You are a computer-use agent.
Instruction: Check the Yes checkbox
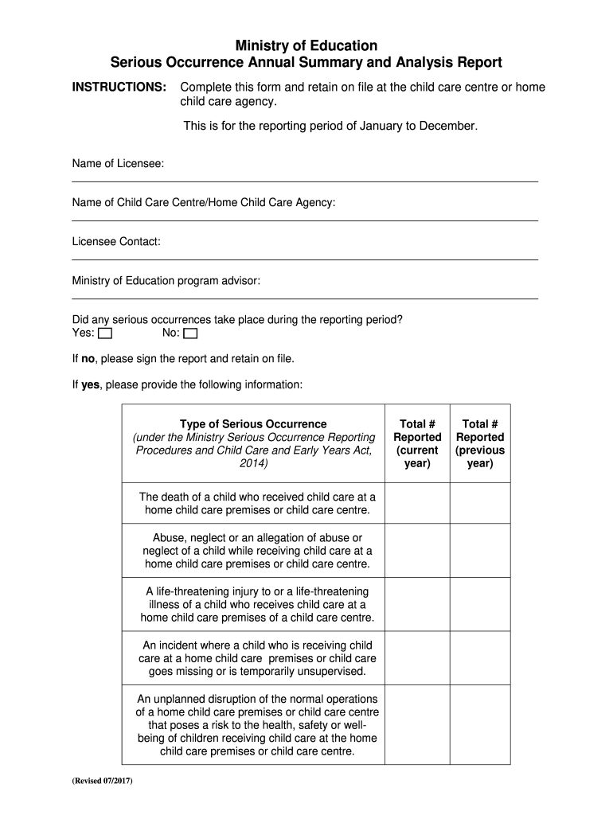coord(105,333)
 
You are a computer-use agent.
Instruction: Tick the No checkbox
coord(189,333)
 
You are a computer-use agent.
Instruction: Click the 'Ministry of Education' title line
coord(306,45)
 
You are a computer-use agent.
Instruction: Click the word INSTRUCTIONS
coord(119,87)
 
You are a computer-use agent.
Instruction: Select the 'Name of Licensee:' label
coord(119,164)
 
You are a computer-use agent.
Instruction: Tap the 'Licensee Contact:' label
coord(116,242)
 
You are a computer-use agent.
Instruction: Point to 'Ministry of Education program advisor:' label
coord(166,281)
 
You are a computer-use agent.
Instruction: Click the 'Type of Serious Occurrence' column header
coord(253,423)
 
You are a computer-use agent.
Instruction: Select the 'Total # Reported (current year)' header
coord(417,443)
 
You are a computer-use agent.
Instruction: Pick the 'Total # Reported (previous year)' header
coord(480,443)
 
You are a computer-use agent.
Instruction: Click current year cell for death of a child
coord(417,503)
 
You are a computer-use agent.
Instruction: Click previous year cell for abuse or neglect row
coord(480,551)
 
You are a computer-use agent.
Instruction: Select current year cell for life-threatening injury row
coord(417,605)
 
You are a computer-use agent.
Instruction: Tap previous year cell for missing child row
coord(480,658)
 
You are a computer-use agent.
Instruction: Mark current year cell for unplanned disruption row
coord(417,725)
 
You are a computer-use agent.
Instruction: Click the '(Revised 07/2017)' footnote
coord(103,780)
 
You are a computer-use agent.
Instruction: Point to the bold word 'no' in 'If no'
coord(88,359)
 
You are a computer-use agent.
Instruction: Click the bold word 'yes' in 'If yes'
coord(90,385)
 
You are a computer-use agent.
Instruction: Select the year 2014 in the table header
coord(253,463)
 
